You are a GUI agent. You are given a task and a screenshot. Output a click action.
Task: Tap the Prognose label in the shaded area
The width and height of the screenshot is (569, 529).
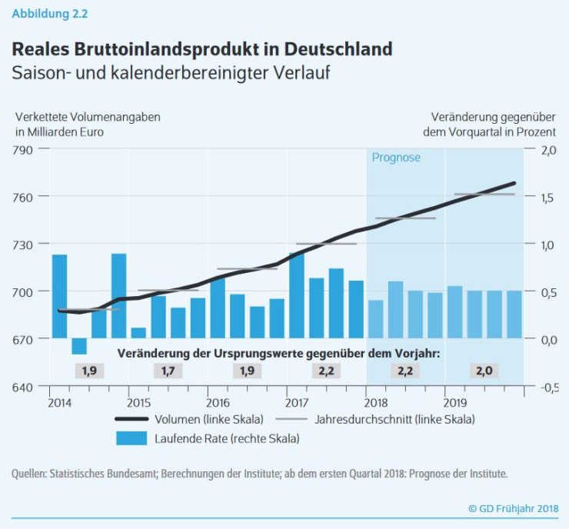396,158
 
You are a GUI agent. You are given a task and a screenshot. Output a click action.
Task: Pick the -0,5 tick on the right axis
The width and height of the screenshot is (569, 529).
545,387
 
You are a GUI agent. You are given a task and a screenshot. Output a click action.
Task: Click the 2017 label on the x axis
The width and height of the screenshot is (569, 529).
297,402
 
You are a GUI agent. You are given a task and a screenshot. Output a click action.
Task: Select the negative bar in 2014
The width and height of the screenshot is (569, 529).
79,347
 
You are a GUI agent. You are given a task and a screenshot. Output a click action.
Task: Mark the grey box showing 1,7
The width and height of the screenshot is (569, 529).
167,371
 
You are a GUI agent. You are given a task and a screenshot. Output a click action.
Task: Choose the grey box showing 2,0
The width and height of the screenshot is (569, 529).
484,371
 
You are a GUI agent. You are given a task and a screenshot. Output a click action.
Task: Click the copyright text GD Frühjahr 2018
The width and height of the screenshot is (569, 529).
514,508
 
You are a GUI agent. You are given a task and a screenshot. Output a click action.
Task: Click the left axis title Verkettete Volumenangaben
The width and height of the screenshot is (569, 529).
88,117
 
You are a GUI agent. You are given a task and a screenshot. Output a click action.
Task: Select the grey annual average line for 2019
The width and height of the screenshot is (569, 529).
484,195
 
